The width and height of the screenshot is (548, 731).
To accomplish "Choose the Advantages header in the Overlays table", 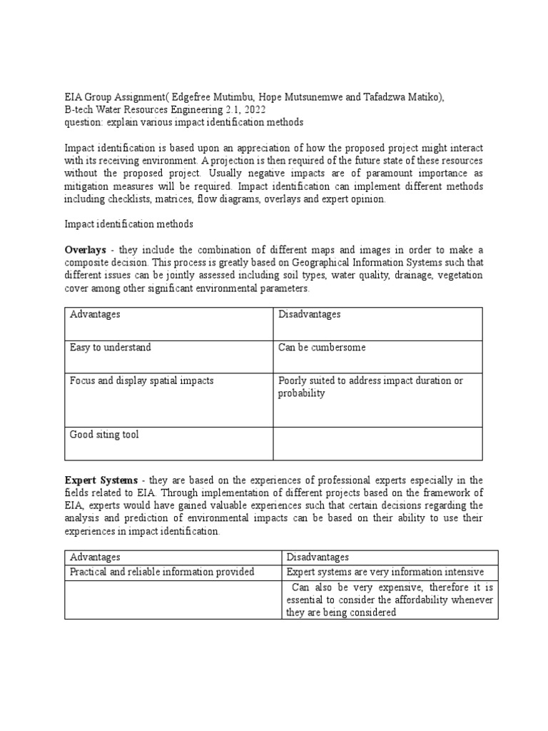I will (95, 315).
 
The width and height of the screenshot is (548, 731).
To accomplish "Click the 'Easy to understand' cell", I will (110, 348).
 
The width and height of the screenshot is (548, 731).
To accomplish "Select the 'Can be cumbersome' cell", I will (322, 348).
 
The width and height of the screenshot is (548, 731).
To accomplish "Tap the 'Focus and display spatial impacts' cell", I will (141, 380).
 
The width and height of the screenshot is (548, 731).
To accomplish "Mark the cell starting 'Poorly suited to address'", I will (370, 387).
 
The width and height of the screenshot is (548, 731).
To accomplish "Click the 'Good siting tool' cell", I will (104, 434).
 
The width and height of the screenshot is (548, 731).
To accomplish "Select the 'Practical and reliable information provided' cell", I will (162, 572).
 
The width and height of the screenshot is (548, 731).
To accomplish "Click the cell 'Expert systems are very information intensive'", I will (385, 572).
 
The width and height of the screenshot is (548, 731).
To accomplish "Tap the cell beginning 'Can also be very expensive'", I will (390, 600).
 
